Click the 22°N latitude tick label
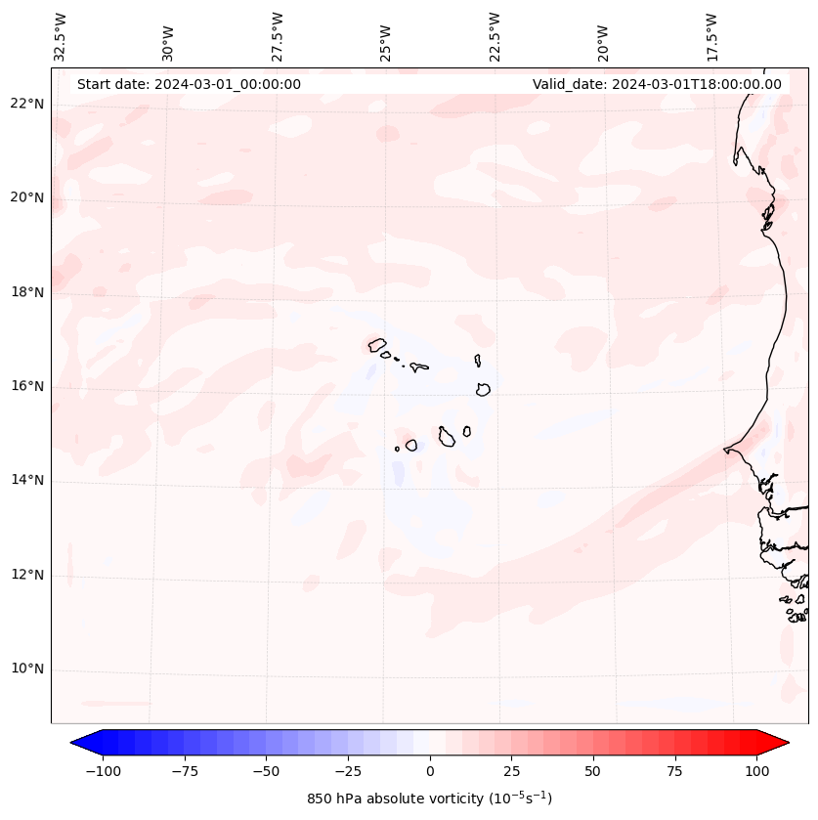(28, 104)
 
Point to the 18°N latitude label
(28, 292)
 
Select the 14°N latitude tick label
(28, 481)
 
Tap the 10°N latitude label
(28, 669)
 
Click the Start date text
(189, 84)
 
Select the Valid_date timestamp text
(657, 84)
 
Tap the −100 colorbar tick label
(103, 772)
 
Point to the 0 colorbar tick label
(430, 772)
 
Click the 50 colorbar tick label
(593, 772)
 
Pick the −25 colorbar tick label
(348, 772)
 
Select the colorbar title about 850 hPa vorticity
(429, 798)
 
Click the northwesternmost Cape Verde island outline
(377, 344)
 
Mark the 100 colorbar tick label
(756, 772)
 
